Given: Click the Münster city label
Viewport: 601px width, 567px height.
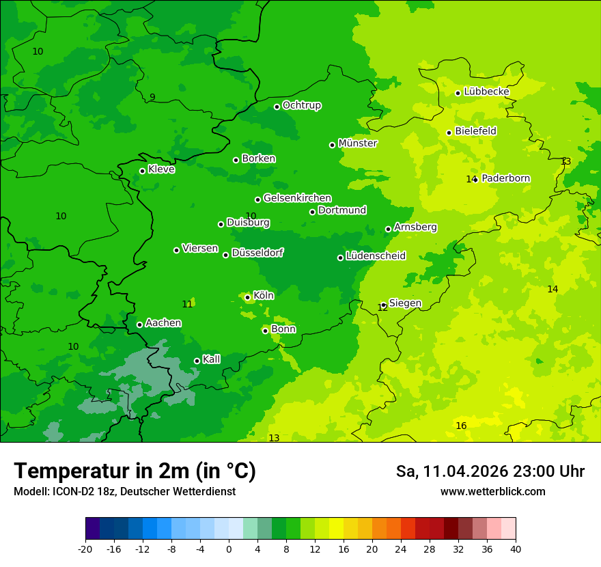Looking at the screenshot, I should coord(357,143).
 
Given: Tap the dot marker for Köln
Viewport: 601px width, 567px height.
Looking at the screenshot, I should coord(247,297).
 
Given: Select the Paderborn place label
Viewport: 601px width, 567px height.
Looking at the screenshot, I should coord(505,178).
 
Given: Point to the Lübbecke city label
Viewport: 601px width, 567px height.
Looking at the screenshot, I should coord(486,92).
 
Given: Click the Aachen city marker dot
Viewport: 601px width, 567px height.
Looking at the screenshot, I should coord(139,324).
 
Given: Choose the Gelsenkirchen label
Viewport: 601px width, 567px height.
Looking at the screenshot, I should coord(297,198).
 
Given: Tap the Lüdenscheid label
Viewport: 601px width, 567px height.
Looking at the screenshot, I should coord(376,256).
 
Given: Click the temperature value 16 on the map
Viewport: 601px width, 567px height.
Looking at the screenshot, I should coord(461,426).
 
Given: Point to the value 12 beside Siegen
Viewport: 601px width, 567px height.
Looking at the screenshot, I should coord(382,308).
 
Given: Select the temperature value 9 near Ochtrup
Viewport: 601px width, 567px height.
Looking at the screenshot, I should coord(152,97).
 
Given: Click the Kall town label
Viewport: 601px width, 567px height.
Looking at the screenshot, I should coord(211,359).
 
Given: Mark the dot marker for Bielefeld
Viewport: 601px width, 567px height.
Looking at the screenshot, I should coord(449,133).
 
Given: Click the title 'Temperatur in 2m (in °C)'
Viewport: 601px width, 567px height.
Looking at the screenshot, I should coord(135,471).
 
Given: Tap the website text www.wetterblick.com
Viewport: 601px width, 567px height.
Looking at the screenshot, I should coord(492,491).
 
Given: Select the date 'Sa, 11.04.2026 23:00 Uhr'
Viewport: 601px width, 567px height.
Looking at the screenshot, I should coord(490,471).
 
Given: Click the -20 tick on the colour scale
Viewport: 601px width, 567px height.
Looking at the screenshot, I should coord(85,549).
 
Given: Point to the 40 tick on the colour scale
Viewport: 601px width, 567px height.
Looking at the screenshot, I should coord(516,549).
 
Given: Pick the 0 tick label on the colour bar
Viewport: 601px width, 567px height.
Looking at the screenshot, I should coord(229,549).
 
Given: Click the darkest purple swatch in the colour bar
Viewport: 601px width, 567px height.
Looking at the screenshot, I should coord(92,529).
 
